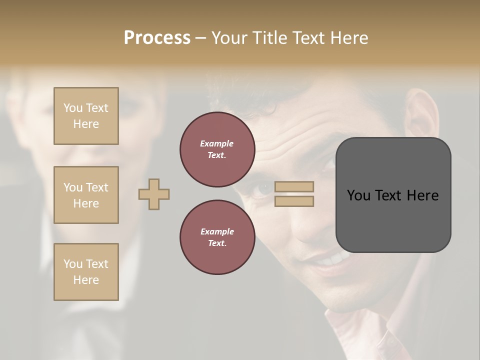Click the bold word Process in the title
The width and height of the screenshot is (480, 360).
tap(157, 38)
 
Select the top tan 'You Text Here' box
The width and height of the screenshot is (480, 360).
tap(86, 116)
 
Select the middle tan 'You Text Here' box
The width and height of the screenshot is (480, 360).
tap(86, 195)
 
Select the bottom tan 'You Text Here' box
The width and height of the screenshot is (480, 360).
tap(86, 272)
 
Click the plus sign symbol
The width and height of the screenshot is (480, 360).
tap(154, 194)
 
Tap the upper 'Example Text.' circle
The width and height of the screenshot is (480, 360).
tap(217, 149)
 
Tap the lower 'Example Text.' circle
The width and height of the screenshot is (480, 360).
tap(217, 237)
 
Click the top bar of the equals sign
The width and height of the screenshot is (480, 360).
tap(294, 187)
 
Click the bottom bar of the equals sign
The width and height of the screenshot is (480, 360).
tap(294, 201)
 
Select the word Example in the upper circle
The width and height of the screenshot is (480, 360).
tap(216, 144)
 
